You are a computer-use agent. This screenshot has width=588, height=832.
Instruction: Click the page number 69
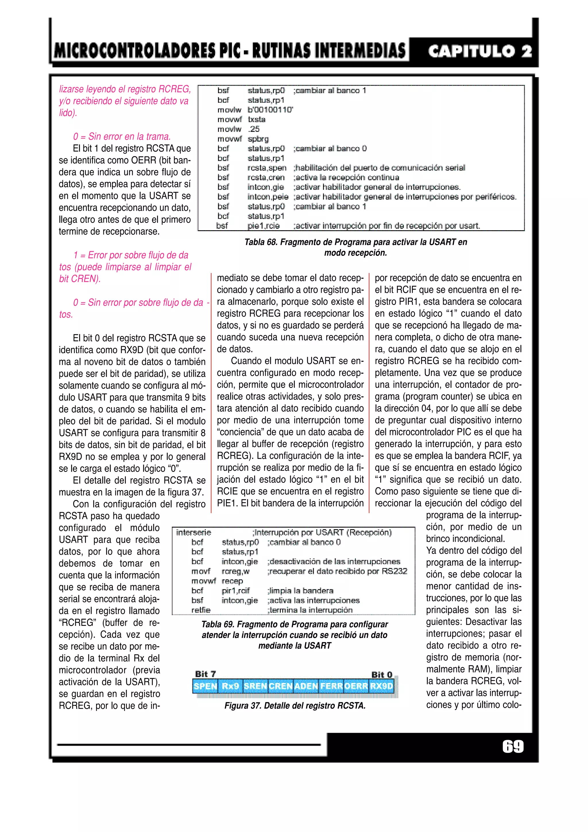513,746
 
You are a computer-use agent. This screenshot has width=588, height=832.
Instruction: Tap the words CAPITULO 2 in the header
480,51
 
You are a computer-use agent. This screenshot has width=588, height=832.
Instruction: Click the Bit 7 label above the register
205,674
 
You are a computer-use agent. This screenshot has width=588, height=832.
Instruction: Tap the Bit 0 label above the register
382,674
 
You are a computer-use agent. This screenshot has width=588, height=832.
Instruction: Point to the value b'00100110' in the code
270,110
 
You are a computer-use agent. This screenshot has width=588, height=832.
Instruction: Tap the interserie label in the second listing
194,532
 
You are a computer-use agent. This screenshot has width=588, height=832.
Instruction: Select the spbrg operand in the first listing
258,139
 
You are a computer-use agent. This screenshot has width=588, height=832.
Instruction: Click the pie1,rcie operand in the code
263,226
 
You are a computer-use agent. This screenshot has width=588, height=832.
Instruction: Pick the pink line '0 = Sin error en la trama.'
122,137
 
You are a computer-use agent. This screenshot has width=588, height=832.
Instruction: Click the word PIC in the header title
227,51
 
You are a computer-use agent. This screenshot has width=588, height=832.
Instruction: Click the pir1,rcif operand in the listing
235,591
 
